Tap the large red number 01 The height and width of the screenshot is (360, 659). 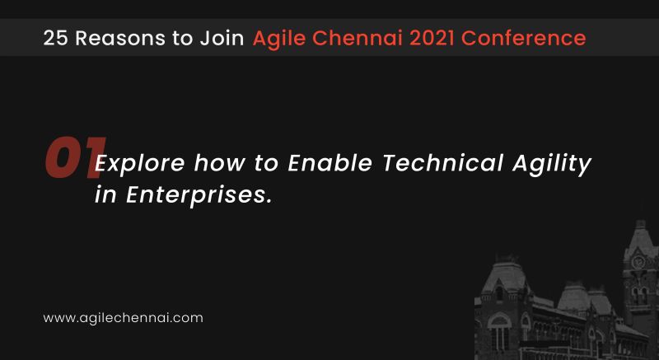click(x=72, y=157)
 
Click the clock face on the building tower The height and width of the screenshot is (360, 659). click(x=638, y=261)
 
